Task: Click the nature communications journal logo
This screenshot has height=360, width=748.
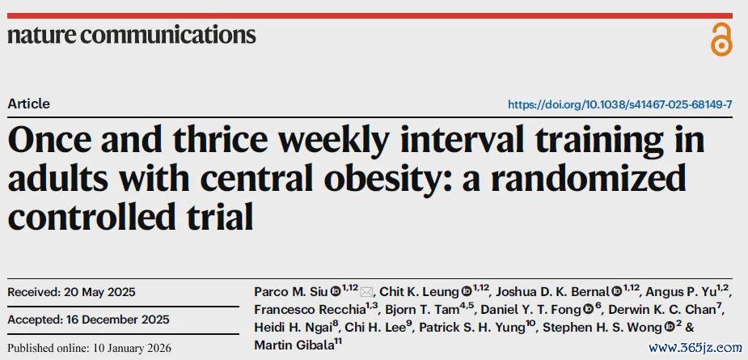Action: [x=132, y=35]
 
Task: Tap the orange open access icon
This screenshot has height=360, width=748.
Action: [x=721, y=39]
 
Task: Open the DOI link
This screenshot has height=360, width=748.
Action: [x=619, y=104]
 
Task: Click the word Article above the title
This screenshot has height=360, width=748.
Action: [x=28, y=104]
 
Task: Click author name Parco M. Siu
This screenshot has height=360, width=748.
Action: [x=291, y=291]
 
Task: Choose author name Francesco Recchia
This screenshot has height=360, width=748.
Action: [x=310, y=309]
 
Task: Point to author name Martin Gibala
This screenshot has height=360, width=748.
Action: [x=294, y=345]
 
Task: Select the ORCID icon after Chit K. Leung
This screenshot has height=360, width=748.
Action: [x=467, y=291]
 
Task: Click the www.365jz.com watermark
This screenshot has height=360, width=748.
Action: [x=695, y=348]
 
